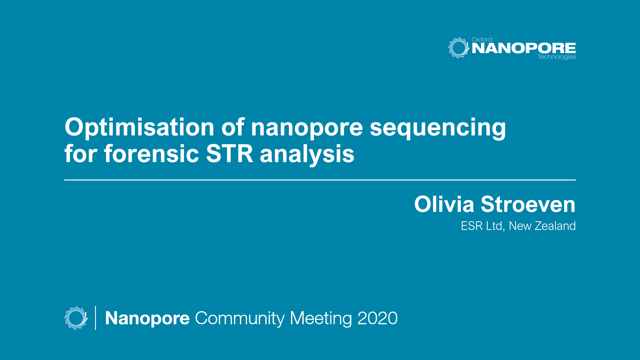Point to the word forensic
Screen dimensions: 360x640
152,154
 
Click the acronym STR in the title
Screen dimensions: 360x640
229,154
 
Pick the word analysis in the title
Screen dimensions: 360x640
307,154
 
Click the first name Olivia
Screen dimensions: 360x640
444,204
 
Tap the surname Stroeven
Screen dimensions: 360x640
528,204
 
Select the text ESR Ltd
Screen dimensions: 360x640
481,226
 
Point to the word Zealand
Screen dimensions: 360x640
555,226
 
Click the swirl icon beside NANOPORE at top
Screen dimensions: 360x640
458,48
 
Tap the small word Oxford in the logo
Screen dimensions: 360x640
482,39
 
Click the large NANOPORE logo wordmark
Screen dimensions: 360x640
524,48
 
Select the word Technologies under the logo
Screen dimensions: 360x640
557,57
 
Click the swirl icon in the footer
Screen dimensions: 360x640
76,318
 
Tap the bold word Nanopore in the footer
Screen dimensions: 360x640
147,318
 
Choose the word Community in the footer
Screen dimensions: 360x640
240,318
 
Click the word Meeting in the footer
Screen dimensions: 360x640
321,318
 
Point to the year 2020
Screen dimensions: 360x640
377,318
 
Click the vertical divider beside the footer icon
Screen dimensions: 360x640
96,318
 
